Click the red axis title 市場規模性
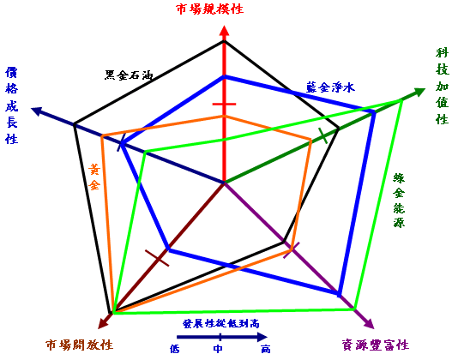click(209, 9)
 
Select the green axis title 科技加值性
click(442, 86)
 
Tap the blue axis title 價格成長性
click(12, 105)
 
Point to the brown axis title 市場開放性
click(79, 345)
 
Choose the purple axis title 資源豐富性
click(376, 345)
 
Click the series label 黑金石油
click(129, 75)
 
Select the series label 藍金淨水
click(330, 87)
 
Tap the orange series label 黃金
click(94, 177)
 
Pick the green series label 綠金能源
click(399, 201)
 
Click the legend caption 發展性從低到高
click(221, 323)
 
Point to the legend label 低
click(175, 349)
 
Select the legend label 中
click(218, 349)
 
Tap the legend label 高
click(266, 349)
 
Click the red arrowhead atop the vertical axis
click(224, 31)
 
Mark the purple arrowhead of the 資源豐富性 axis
click(369, 323)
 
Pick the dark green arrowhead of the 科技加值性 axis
click(419, 92)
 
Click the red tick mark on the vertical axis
click(224, 104)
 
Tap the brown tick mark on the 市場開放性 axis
click(157, 258)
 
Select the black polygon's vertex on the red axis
click(225, 41)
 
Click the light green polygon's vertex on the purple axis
click(354, 309)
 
